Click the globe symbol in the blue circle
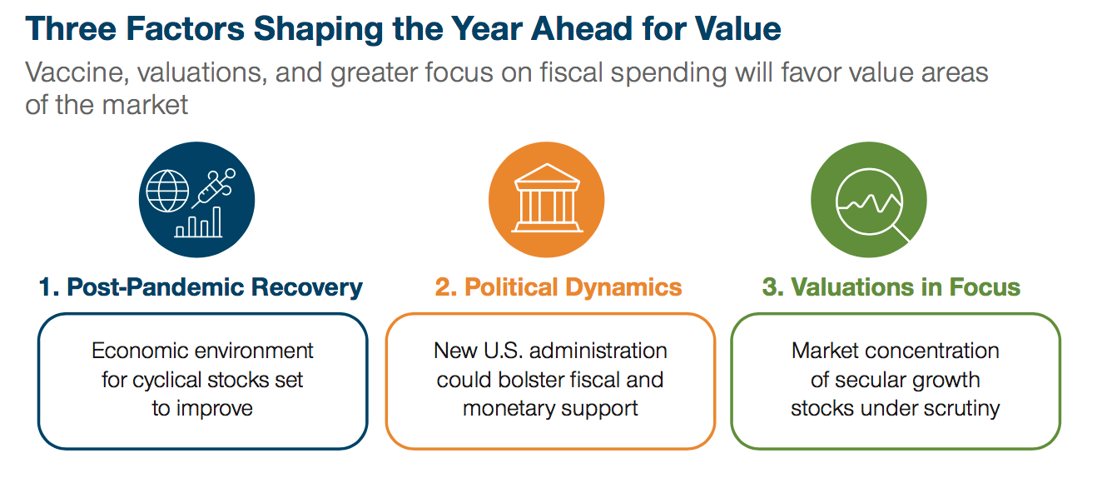168,191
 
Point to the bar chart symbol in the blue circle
199,222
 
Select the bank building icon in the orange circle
546,197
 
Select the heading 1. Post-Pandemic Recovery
201,288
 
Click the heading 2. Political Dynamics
558,288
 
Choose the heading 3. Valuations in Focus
891,288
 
